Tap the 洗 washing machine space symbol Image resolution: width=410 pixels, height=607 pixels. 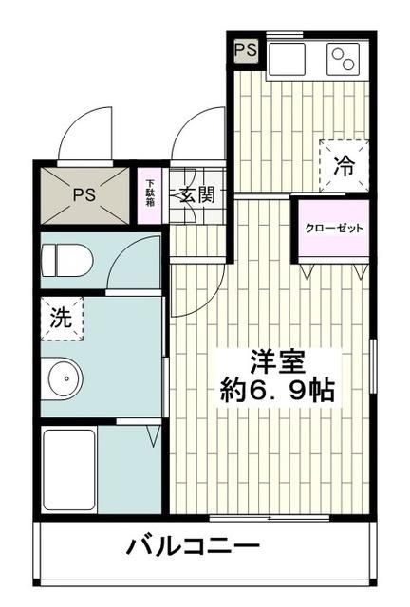point(61,319)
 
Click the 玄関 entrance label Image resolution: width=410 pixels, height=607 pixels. point(196,195)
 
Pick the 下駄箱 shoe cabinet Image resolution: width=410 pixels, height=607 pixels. point(150,196)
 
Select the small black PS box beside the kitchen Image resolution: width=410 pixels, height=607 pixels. point(245,50)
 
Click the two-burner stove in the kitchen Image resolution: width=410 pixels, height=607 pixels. point(344,61)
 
